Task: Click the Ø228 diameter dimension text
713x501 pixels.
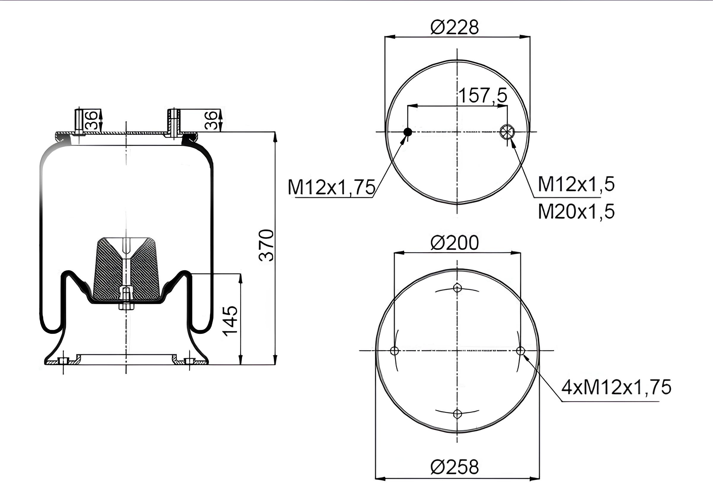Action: (454, 27)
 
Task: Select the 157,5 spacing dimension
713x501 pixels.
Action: (482, 95)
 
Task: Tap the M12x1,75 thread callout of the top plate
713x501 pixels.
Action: (331, 187)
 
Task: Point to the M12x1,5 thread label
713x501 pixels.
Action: (576, 184)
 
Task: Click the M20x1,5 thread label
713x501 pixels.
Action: (576, 212)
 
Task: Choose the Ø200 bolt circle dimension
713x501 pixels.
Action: (454, 243)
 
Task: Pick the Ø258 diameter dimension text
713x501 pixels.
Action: (454, 467)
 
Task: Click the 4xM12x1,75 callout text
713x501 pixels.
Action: (616, 387)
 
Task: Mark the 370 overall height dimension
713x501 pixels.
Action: (266, 245)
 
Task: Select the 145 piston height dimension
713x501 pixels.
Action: (231, 321)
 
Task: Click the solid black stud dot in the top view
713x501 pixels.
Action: (408, 132)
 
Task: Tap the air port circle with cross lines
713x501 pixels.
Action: (507, 131)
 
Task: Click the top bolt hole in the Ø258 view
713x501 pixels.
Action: (457, 288)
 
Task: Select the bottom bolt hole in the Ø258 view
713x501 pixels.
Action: (457, 414)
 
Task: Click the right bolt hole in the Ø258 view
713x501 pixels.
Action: (520, 351)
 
